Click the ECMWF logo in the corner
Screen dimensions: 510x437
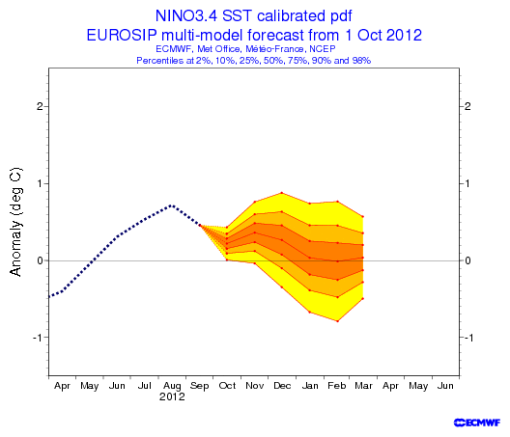pos(477,423)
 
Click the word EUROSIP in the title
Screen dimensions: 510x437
pos(122,35)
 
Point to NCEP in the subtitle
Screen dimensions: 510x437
pos(323,49)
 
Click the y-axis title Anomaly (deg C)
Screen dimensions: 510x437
pos(15,222)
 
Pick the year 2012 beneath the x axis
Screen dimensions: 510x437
pos(172,396)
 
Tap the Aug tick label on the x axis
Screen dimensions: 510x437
pos(172,386)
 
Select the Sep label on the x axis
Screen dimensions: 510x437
pos(199,386)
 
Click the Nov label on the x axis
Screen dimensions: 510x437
pos(255,386)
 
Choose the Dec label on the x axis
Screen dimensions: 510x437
pos(282,386)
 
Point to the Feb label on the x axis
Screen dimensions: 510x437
pos(337,386)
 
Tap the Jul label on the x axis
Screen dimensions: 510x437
pos(145,386)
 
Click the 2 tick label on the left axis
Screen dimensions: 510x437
pos(40,106)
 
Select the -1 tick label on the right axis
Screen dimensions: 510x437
pos(467,338)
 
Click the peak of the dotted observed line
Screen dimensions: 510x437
pos(172,205)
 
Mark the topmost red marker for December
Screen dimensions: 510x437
pos(282,193)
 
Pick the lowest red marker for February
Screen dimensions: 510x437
pos(338,321)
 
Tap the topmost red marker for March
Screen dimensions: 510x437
pos(362,217)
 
